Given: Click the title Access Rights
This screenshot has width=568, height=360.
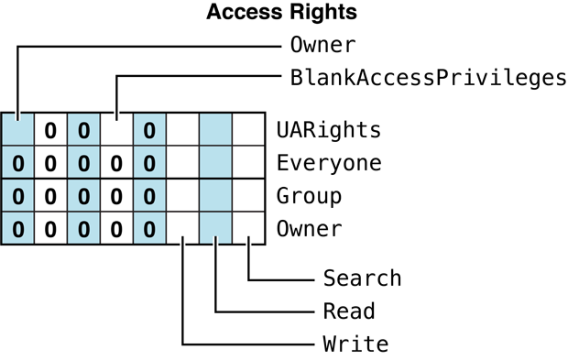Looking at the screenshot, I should pos(281,13).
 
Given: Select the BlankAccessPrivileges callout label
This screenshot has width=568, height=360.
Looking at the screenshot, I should pos(428,77).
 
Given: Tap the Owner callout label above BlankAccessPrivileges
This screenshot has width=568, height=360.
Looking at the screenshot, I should pos(322,45).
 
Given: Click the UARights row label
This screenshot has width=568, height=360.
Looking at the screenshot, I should pos(329,130).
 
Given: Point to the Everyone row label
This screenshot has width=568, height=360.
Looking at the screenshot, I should pos(329,163).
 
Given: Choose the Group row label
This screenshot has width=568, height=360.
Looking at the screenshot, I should pos(309,196).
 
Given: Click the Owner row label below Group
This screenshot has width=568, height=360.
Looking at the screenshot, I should pos(309,229).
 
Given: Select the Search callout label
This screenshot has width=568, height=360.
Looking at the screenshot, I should pos(362,278).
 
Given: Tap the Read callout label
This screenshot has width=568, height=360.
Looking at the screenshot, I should pos(349,311).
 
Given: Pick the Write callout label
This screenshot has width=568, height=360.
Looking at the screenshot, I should pos(355,344).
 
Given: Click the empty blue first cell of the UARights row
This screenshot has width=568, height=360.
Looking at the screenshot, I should pos(17,130).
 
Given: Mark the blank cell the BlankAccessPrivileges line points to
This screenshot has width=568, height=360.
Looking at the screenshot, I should pos(116,130).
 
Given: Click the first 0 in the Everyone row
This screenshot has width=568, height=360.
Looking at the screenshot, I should pos(17,163).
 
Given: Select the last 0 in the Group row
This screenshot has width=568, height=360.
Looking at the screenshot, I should pos(149,196).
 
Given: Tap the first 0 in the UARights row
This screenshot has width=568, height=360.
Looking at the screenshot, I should pos(50,130).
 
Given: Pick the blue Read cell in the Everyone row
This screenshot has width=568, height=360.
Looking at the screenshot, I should pos(215,163).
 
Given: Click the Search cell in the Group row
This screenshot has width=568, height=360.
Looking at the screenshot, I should pos(248,196).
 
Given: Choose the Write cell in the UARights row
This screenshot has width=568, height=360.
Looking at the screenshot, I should pos(182,130).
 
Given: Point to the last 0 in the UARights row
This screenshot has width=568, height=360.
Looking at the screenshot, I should pos(149,130).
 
